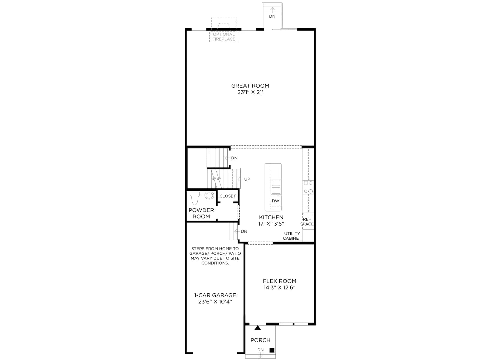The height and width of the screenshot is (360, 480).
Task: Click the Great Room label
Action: pos(250,86)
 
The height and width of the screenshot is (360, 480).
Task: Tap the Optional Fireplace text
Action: pos(224,37)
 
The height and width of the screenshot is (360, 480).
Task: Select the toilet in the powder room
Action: pos(195,198)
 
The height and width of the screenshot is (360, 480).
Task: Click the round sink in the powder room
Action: pos(209,195)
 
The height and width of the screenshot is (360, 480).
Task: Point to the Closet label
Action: pos(228,196)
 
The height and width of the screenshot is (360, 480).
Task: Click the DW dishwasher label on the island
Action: pos(275,201)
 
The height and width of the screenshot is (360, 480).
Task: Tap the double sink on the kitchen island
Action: pos(276,187)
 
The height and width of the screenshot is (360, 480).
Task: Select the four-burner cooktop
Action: pos(308,187)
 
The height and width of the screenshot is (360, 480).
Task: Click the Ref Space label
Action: pos(307,222)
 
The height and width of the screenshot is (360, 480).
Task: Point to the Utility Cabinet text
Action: pos(292,236)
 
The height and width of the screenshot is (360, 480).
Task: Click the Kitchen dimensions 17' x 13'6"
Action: pos(271,223)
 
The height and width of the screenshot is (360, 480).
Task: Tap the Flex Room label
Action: pos(280,281)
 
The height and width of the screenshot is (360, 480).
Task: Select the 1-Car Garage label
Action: pos(215,295)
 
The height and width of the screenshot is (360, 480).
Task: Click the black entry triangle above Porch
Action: pos(258,328)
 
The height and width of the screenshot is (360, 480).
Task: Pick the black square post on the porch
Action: pos(272,350)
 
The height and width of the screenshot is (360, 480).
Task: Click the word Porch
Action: pos(260,340)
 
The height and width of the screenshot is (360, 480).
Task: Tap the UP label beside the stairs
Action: pos(247,179)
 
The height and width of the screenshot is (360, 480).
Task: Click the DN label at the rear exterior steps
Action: pos(272,16)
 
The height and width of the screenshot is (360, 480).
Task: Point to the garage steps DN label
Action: pos(244,231)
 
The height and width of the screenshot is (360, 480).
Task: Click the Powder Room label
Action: pos(201,213)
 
